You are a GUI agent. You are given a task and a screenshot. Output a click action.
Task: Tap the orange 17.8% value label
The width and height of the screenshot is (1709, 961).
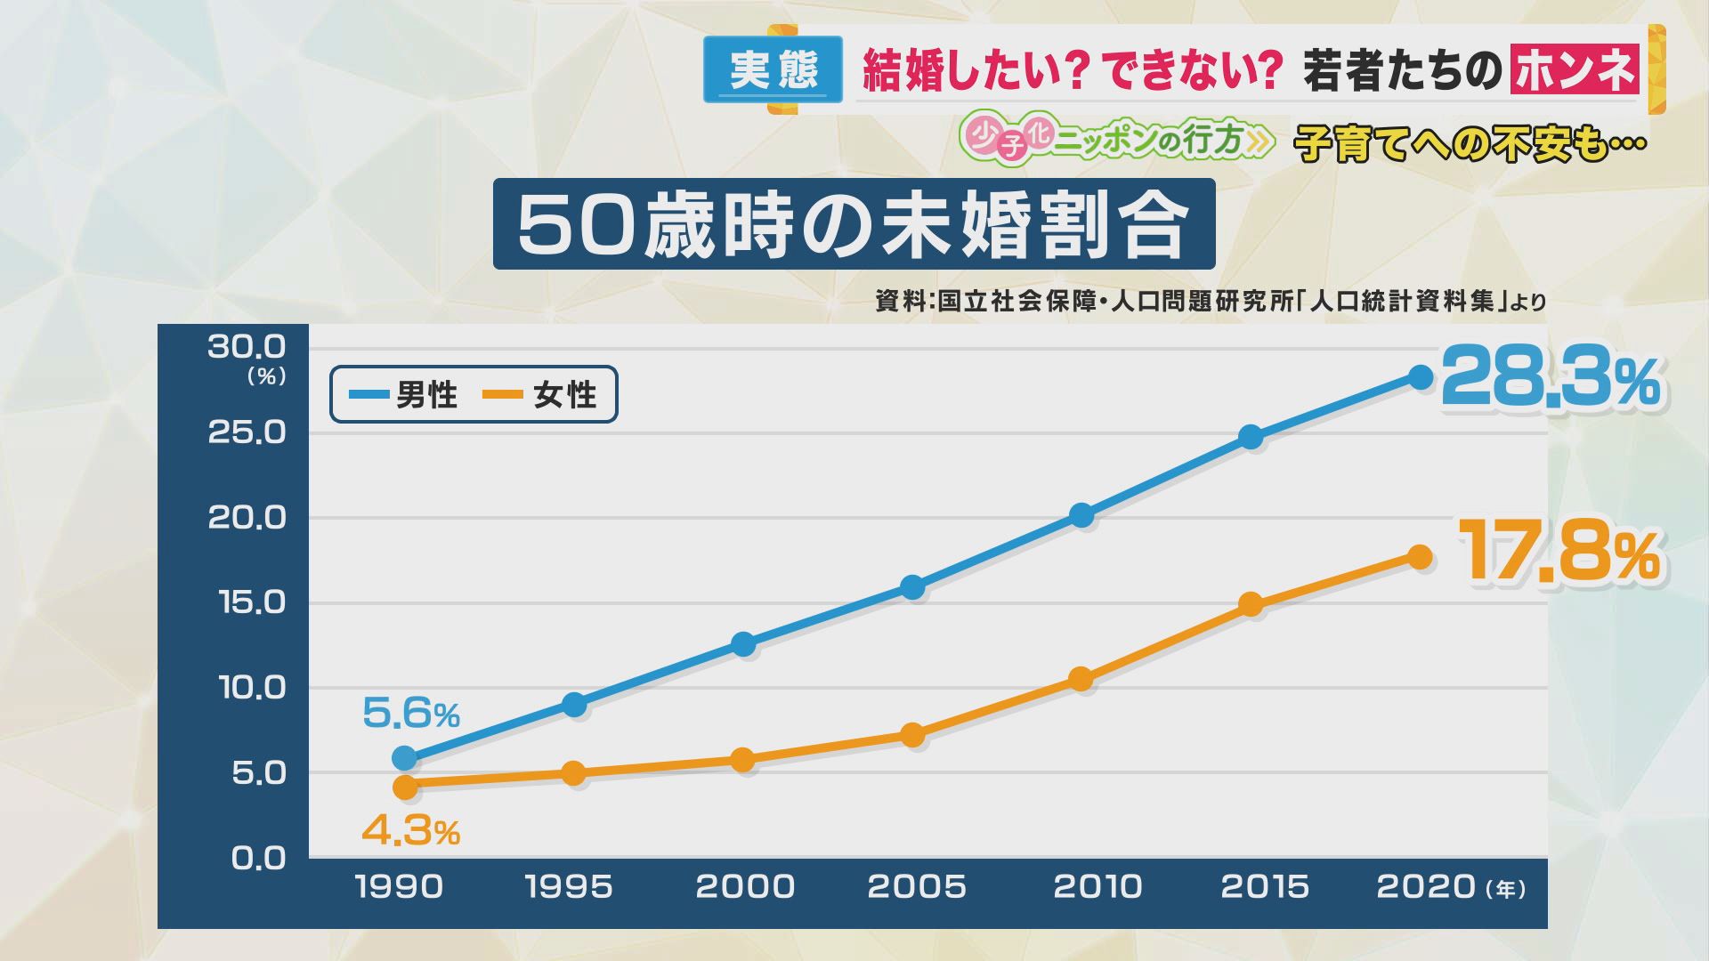1559,553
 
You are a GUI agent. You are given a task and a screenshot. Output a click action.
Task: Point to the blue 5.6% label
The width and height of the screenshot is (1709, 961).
410,713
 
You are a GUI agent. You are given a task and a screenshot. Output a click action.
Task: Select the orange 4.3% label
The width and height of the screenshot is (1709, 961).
410,831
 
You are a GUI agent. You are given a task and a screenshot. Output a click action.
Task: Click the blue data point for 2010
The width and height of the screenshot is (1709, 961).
1081,515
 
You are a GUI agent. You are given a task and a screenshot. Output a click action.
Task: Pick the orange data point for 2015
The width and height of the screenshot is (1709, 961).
1251,605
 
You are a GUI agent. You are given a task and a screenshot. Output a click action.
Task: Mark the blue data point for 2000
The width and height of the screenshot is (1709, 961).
743,644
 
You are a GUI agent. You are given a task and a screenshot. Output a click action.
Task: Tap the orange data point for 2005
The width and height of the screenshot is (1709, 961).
912,735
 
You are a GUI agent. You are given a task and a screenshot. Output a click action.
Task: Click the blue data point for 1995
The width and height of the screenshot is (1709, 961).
574,705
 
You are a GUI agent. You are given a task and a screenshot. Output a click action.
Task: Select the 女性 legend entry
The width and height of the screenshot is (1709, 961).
542,394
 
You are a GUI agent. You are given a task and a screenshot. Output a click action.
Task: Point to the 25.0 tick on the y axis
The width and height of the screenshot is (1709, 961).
247,432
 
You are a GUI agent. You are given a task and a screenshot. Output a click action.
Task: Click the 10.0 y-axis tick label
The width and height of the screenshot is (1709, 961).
252,688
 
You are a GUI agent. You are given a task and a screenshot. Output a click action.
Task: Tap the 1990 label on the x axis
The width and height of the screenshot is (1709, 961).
399,886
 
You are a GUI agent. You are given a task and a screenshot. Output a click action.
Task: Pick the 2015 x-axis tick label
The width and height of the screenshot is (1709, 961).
1264,886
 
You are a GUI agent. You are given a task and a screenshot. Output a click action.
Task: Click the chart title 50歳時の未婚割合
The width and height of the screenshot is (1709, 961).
854,224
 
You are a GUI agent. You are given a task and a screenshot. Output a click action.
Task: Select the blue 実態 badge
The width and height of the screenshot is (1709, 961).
773,69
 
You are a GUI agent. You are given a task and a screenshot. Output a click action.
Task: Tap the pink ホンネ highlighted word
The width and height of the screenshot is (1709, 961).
1575,70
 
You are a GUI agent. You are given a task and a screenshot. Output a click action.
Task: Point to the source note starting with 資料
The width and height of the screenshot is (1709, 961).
1211,302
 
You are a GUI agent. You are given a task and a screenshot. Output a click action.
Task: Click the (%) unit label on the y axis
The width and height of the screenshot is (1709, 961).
266,377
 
